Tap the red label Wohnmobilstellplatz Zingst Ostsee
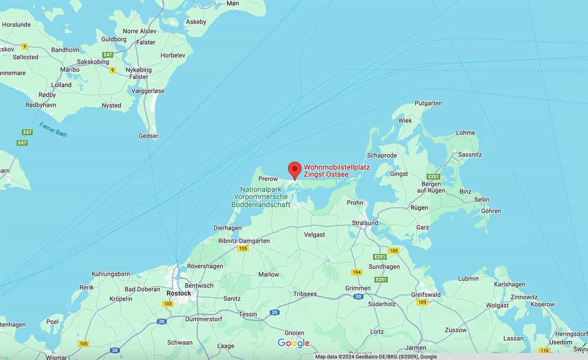point(337,170)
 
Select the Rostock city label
point(178,293)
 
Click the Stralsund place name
point(365,223)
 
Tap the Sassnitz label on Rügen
point(470,154)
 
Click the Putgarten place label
point(428,103)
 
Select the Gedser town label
point(148,136)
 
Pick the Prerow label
point(268,179)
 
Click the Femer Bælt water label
point(53,130)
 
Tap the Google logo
point(294,343)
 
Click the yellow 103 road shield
point(168,304)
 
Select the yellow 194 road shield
point(356,272)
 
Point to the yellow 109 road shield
point(422,302)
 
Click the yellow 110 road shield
point(544,350)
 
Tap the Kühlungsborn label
point(111,274)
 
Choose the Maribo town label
point(70,70)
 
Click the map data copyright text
point(376,357)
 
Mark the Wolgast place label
point(497,305)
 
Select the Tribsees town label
point(305,294)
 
